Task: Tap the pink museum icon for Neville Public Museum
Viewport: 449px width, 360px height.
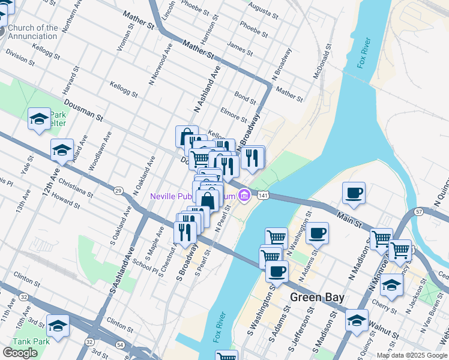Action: pos(243,196)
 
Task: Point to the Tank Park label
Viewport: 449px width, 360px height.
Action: pos(17,341)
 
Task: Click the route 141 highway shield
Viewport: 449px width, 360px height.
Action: pos(262,196)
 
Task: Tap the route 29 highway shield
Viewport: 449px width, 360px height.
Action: pos(118,190)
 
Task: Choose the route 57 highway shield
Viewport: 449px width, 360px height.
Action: pos(419,212)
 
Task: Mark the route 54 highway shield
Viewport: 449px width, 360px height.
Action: pos(120,344)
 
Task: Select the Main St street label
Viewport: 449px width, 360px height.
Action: pos(349,216)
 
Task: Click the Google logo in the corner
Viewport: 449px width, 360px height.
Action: pos(20,353)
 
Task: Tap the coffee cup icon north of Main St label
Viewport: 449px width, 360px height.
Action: pos(354,193)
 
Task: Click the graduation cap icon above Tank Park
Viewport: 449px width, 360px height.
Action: pos(58,326)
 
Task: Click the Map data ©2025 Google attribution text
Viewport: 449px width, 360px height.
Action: pos(412,355)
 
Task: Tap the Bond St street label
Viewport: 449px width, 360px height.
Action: pos(245,96)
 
